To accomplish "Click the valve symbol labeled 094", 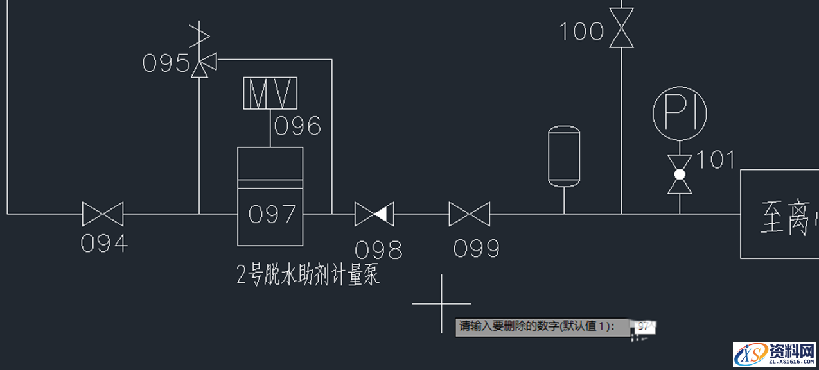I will (x=103, y=214).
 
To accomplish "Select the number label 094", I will (x=104, y=244).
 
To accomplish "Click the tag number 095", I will (x=166, y=63).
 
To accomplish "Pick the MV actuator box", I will (x=270, y=94).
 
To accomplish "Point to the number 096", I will (x=297, y=126).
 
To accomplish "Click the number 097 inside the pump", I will (x=272, y=214).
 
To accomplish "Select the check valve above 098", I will (x=374, y=214).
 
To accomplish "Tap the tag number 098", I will (x=379, y=249).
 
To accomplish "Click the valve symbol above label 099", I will (x=469, y=214).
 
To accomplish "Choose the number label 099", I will (x=476, y=248).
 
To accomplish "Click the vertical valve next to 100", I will (x=621, y=28).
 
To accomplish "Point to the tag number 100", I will (x=581, y=31).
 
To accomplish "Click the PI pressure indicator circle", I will (x=680, y=114).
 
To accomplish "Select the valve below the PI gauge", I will (x=680, y=174).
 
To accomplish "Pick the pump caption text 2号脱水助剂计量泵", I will (x=308, y=276).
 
